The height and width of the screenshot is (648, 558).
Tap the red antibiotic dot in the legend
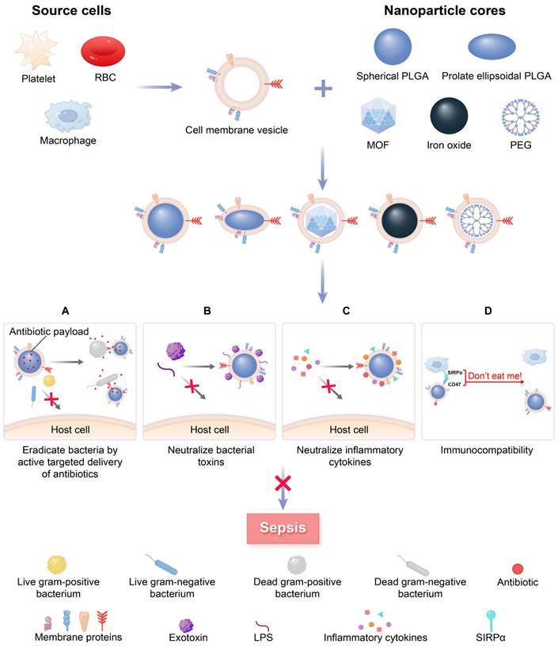[x=516, y=569]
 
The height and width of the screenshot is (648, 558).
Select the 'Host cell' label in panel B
[x=207, y=430]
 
